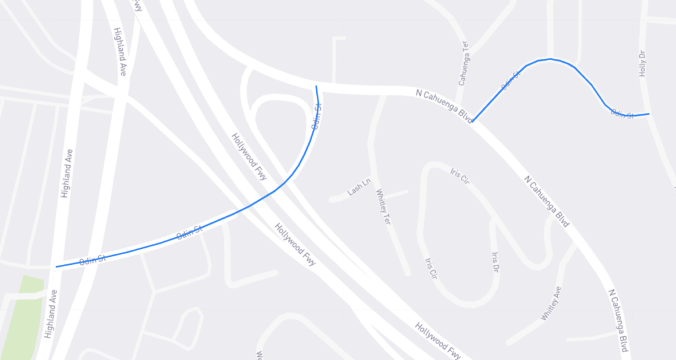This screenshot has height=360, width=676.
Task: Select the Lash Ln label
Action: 359,188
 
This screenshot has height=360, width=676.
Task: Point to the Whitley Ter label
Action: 384,207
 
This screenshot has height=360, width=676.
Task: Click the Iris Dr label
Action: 496,262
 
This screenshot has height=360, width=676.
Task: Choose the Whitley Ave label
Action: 551,303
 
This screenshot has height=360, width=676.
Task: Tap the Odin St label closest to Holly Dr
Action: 622,115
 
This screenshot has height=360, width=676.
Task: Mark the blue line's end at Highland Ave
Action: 57,267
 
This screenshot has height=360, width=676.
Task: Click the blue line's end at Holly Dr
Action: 649,114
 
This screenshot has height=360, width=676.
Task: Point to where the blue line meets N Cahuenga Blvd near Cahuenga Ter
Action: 473,122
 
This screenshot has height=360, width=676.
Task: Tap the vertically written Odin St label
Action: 317,117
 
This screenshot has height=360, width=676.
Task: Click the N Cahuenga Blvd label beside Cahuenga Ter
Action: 444,105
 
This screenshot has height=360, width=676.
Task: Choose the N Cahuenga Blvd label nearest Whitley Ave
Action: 618,320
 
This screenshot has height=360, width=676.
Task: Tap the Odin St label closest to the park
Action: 93,259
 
